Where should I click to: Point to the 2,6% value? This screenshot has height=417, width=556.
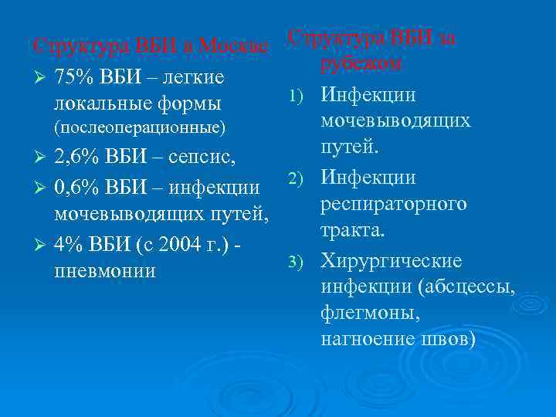tap(76, 158)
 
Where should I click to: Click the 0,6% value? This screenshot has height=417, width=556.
tap(76, 188)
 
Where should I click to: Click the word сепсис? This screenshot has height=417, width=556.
tap(204, 158)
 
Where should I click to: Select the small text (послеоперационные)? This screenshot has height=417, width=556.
tap(140, 126)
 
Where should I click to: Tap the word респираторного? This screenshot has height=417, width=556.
tap(394, 205)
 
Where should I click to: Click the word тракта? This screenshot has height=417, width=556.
tap(353, 231)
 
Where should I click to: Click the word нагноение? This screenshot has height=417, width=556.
tap(368, 340)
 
